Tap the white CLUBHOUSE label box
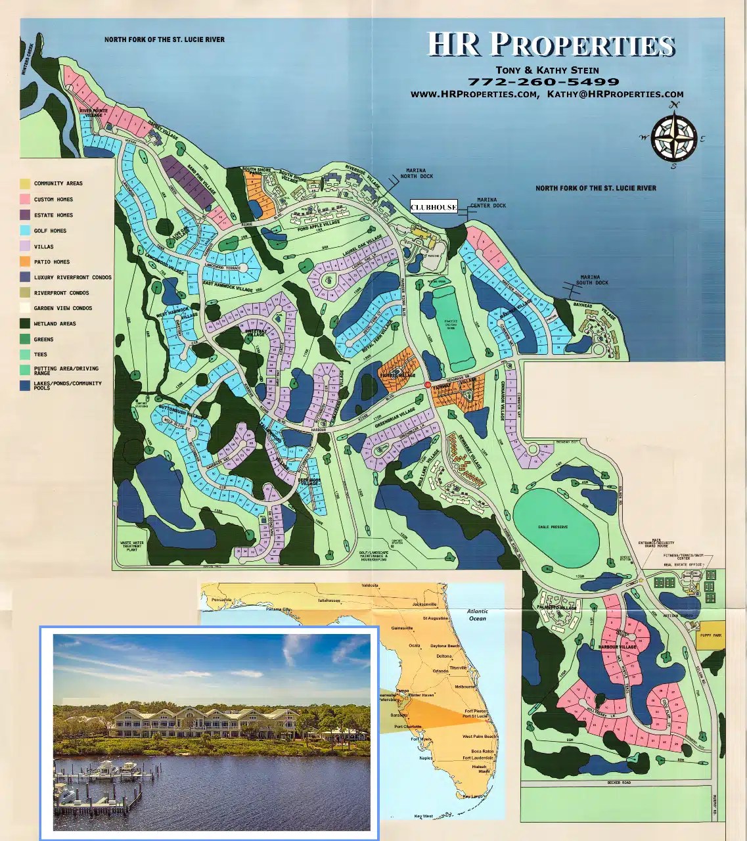(x=434, y=207)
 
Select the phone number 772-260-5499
(x=543, y=82)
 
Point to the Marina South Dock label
(x=592, y=280)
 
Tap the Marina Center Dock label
(x=487, y=202)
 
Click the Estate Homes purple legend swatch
(x=25, y=215)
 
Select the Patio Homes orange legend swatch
(x=25, y=261)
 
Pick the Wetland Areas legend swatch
(x=25, y=323)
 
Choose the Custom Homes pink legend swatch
(x=25, y=199)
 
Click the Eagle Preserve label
(x=553, y=527)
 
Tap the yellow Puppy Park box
(x=710, y=635)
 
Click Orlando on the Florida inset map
(x=441, y=671)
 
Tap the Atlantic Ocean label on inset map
(x=478, y=615)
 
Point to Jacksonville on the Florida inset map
(x=425, y=604)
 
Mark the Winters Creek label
(x=28, y=60)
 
